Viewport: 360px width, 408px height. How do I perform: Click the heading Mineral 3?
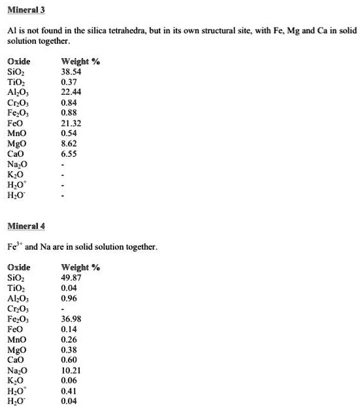[25, 11]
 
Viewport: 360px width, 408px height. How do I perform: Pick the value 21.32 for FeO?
[71, 122]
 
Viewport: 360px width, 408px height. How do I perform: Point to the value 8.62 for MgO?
[69, 143]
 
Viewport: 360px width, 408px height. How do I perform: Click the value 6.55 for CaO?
[69, 154]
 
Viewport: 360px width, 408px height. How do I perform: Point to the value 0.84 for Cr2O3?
[69, 101]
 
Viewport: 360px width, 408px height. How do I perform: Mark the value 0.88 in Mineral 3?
[69, 112]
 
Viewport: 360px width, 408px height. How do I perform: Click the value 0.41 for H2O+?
[69, 390]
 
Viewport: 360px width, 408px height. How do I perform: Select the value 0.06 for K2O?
[69, 380]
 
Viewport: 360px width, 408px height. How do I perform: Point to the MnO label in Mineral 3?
[18, 133]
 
